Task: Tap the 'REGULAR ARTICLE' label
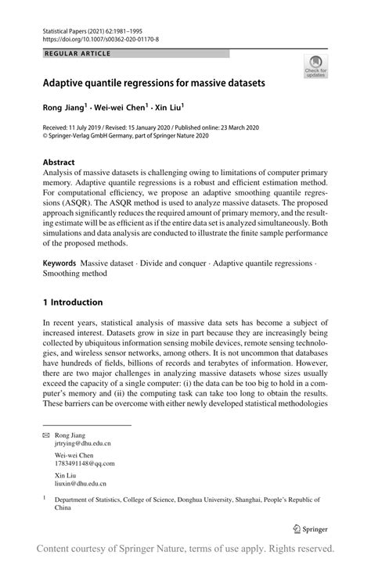click(78, 53)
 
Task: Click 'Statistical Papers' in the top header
click(70, 28)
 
